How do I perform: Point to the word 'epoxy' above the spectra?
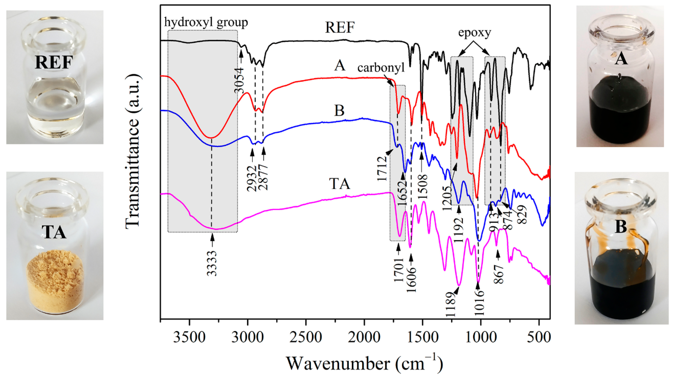(x=474, y=33)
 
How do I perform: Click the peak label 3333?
(x=212, y=263)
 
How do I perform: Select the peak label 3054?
(x=239, y=80)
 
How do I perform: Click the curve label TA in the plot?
(x=340, y=184)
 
